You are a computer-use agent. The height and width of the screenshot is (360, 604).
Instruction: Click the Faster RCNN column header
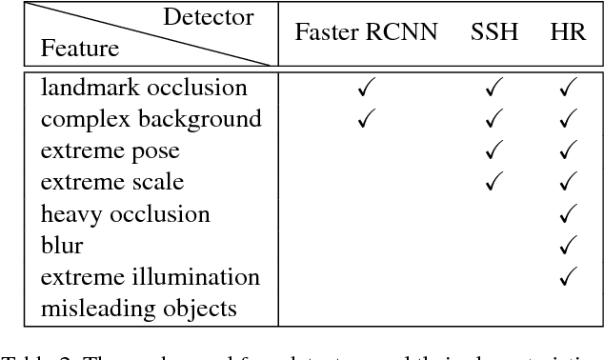point(366,32)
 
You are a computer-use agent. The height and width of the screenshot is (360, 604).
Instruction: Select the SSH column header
point(494,32)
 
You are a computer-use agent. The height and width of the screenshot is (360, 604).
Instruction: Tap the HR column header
point(568,32)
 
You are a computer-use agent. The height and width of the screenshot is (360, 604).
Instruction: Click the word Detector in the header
point(208,17)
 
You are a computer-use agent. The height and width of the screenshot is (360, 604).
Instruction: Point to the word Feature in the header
point(80,49)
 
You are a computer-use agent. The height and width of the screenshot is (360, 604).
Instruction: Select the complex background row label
point(137,119)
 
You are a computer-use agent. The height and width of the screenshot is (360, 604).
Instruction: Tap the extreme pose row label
point(110,150)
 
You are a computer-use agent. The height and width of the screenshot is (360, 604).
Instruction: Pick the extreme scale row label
point(112,182)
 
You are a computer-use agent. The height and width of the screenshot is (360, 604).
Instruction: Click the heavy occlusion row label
point(125,214)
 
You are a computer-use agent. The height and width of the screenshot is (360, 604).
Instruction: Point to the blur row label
point(62,246)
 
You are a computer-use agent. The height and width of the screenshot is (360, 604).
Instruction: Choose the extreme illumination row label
point(150,277)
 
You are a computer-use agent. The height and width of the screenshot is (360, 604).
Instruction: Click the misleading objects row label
point(138,309)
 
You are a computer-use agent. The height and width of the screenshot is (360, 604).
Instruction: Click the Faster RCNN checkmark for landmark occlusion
point(367,89)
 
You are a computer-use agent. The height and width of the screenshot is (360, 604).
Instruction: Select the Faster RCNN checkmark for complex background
point(367,120)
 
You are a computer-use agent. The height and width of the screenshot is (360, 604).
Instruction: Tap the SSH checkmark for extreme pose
point(494,151)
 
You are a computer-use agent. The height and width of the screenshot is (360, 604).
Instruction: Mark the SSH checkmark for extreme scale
point(494,183)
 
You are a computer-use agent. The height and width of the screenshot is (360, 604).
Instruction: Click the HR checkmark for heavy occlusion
point(570,214)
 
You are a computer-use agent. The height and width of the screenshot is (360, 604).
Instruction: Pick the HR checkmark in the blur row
point(570,246)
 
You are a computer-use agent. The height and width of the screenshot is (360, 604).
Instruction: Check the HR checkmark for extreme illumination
point(570,277)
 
